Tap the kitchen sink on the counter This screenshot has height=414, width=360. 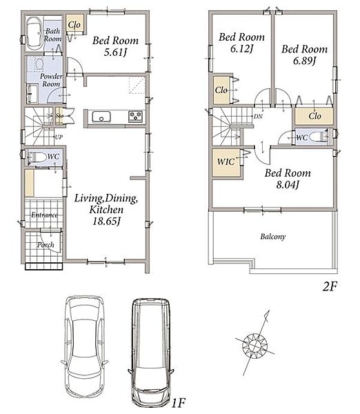click(101, 117)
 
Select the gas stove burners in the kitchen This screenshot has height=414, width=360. click(135, 117)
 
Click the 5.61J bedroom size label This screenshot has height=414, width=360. click(115, 52)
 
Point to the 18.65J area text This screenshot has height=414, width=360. click(106, 221)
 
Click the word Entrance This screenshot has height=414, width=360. click(44, 215)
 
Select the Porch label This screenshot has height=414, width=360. click(46, 245)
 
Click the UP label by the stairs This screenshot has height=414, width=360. click(59, 137)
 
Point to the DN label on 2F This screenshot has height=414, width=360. click(258, 116)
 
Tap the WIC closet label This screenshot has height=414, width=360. click(226, 161)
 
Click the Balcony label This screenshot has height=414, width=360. click(273, 237)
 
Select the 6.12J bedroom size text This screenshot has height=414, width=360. click(242, 48)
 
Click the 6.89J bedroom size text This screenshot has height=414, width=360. click(304, 61)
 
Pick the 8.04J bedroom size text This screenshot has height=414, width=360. click(288, 184)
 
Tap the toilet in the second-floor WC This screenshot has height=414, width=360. click(317, 137)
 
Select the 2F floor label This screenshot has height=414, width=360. click(330, 286)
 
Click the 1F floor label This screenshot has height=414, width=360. click(179, 403)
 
